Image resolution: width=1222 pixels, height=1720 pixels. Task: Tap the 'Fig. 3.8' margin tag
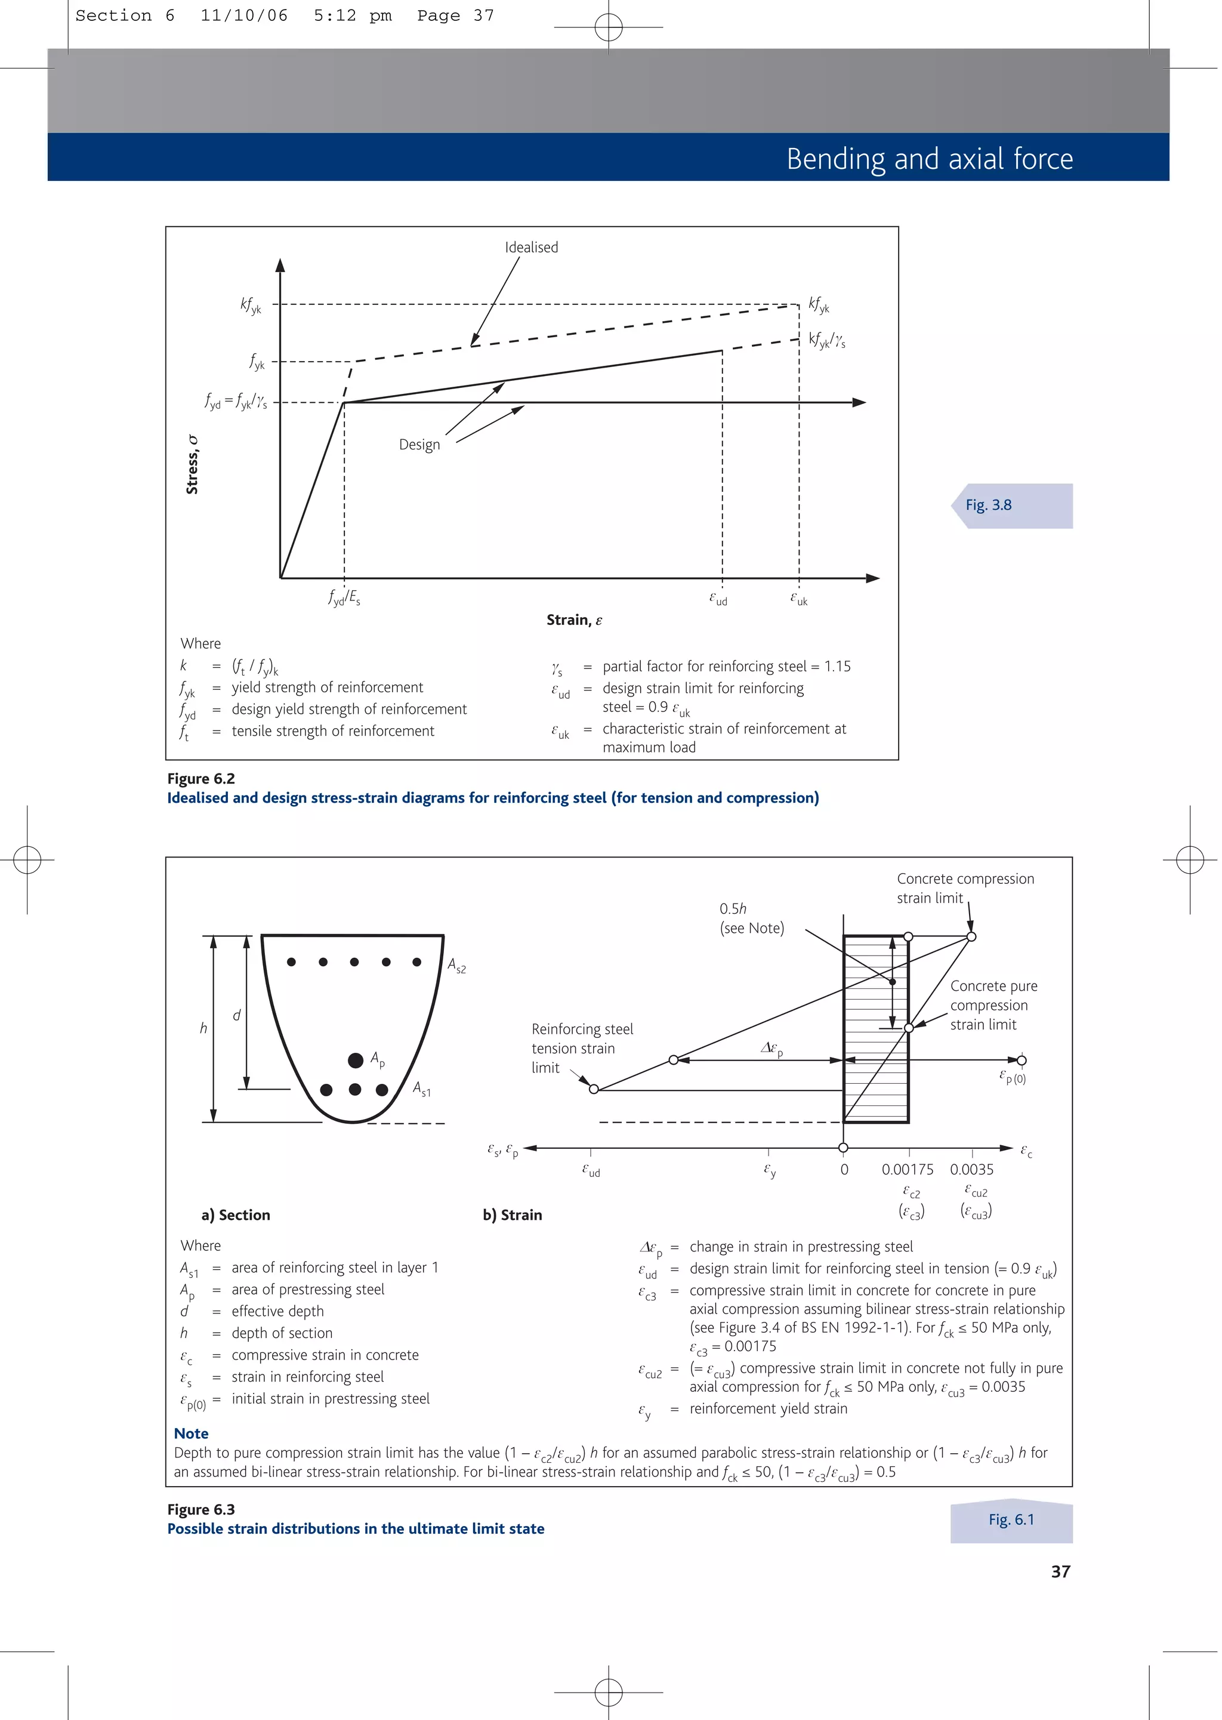coord(989,505)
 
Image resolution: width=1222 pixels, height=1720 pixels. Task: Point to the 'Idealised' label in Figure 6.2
coord(531,248)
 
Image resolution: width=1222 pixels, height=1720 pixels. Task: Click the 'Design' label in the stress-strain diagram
coord(419,445)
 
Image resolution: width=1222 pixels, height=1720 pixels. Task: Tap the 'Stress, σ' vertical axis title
coord(193,464)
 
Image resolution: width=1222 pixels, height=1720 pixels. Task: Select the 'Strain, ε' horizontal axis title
coord(574,620)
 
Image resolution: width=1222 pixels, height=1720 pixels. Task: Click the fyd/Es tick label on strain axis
coord(344,598)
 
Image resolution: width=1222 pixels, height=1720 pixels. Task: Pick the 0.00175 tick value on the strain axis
coord(908,1169)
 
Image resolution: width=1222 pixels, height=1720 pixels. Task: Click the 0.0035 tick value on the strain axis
coord(971,1169)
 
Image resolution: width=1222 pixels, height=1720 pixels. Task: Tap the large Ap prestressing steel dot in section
coord(356,1060)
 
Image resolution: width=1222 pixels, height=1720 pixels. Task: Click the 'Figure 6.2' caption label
coord(201,779)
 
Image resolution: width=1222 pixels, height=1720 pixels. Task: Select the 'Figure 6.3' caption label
coord(201,1509)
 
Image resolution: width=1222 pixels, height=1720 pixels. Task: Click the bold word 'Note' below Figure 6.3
coord(191,1434)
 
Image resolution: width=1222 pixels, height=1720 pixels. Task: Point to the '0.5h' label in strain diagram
coord(733,909)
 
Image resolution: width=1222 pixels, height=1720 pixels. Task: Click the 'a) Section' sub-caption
coord(236,1215)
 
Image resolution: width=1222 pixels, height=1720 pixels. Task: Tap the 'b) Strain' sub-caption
coord(513,1215)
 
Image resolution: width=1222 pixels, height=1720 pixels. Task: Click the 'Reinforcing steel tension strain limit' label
coord(582,1048)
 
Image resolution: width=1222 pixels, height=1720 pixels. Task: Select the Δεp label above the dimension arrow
coord(772,1048)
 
